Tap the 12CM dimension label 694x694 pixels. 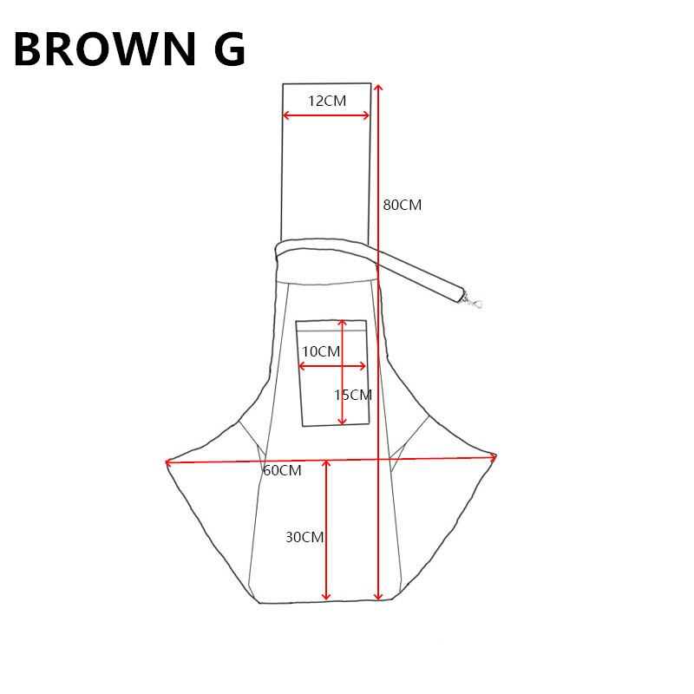(327, 101)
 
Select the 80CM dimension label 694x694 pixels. (402, 206)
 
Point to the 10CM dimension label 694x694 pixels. (321, 351)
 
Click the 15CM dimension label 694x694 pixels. (353, 395)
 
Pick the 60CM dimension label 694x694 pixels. (282, 470)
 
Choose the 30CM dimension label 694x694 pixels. (304, 537)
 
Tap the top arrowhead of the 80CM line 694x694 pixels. (377, 87)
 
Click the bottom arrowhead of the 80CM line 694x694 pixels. (378, 597)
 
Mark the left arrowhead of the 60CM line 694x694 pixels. (168, 462)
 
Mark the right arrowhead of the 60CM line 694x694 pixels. (494, 455)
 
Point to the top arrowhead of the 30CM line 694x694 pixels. (326, 463)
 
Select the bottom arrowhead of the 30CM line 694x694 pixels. (326, 597)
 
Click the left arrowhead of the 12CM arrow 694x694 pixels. (286, 115)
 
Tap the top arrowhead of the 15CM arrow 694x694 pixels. (343, 323)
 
